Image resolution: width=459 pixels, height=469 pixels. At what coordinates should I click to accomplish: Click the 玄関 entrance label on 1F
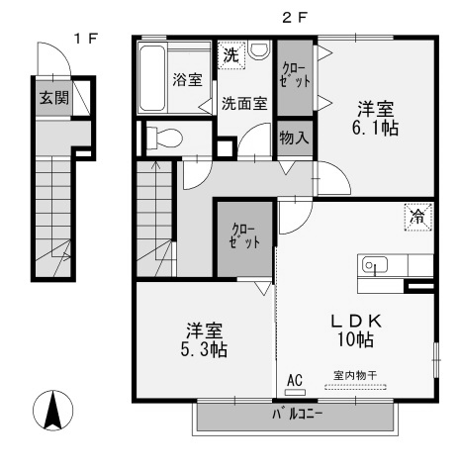point(54,98)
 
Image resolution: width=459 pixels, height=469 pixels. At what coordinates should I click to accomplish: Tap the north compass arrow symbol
point(53,411)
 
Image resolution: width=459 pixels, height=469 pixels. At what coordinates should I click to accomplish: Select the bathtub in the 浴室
point(151,78)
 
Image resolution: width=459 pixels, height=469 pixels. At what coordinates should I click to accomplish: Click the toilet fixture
point(164,138)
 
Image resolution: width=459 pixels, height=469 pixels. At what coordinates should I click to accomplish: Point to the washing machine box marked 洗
point(231,55)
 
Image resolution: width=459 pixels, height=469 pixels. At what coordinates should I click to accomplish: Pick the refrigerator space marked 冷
point(418,217)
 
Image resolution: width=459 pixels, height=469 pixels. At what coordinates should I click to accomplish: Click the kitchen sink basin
point(375,264)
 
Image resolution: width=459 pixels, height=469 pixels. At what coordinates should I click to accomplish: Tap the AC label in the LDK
point(295,380)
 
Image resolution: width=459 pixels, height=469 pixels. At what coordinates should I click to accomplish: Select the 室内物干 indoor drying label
point(355,375)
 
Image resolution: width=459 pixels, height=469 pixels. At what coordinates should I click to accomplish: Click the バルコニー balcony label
point(297,415)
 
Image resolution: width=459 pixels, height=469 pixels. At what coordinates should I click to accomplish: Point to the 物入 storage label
point(294,138)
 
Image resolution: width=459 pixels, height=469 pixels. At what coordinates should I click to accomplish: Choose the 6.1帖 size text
point(375,128)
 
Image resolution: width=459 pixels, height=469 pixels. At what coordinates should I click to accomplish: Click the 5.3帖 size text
point(204,350)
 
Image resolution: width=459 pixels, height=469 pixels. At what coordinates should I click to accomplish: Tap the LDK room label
point(356,321)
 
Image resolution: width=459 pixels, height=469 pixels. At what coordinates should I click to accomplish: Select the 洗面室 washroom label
point(244,104)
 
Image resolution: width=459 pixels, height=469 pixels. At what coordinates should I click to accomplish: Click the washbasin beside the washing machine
point(260,50)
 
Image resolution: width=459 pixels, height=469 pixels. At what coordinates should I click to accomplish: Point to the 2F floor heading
point(295,18)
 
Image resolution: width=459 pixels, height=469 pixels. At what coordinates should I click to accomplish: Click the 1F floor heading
point(85,39)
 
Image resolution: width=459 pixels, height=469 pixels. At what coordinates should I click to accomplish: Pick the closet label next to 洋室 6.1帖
point(295,75)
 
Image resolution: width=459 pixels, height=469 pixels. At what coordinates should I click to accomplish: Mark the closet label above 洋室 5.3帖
point(244,235)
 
